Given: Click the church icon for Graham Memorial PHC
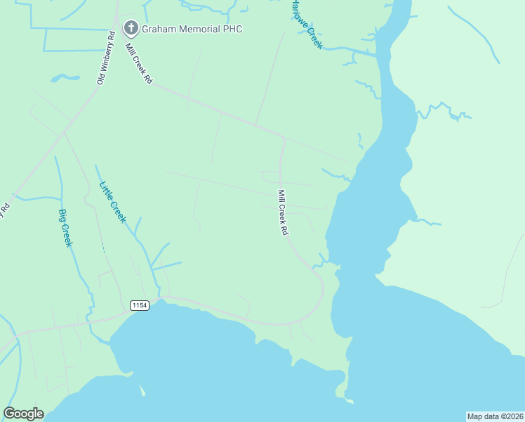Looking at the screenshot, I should tap(130, 28).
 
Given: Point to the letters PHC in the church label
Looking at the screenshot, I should tap(232, 29).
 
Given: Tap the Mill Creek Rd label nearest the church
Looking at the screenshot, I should tap(139, 64).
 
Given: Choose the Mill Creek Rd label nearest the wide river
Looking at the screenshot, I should tap(283, 212).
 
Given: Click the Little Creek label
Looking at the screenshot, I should tap(112, 203).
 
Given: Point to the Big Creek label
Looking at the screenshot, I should tap(65, 228).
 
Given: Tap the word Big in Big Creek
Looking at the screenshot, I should tap(62, 216).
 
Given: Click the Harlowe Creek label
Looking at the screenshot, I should tap(306, 23).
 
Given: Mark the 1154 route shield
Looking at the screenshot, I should tap(139, 305).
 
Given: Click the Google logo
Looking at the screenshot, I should tap(23, 414).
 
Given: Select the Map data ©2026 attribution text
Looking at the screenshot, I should tap(496, 416).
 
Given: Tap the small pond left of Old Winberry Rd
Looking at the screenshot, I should tap(65, 77).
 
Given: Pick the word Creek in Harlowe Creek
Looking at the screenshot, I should tap(314, 37).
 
